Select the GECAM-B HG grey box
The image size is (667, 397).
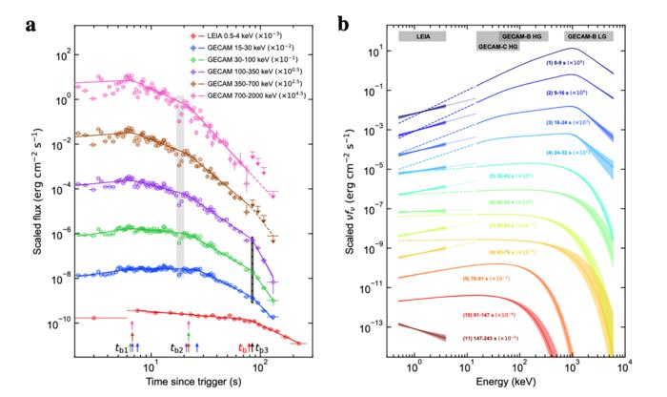tap(511, 35)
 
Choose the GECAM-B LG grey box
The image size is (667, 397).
tap(591, 35)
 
